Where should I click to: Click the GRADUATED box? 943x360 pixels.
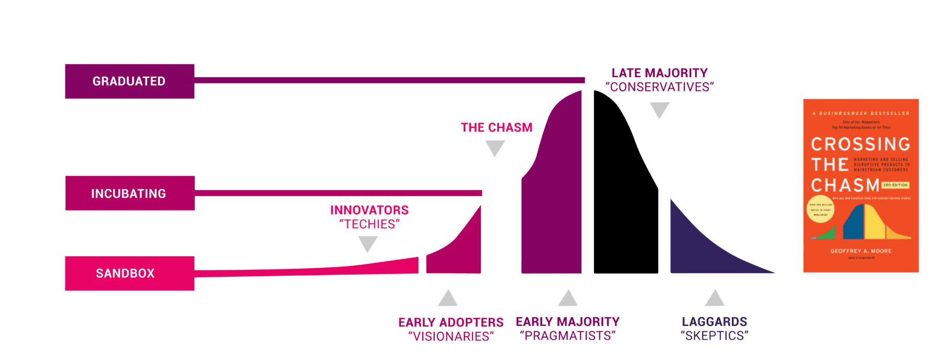[129, 81]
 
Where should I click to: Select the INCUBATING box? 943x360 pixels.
[130, 193]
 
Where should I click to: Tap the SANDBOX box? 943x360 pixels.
[129, 273]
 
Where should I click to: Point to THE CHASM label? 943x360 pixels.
[496, 127]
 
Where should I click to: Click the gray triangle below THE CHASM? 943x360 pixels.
[495, 148]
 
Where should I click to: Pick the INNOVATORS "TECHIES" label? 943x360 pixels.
[369, 217]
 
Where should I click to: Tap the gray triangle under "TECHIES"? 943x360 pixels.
[368, 243]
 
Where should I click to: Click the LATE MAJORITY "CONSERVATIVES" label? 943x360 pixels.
[660, 80]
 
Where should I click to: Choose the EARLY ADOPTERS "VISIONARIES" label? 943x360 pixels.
[451, 329]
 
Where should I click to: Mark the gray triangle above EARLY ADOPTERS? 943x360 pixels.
[447, 299]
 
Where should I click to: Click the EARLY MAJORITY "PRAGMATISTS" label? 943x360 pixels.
[567, 329]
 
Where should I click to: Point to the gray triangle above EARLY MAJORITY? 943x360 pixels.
[568, 299]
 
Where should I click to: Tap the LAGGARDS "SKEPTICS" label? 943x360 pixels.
[714, 329]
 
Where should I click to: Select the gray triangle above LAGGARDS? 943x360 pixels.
[715, 299]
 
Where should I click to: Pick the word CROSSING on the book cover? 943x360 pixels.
[860, 144]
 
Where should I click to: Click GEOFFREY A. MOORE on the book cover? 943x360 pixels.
[861, 251]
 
